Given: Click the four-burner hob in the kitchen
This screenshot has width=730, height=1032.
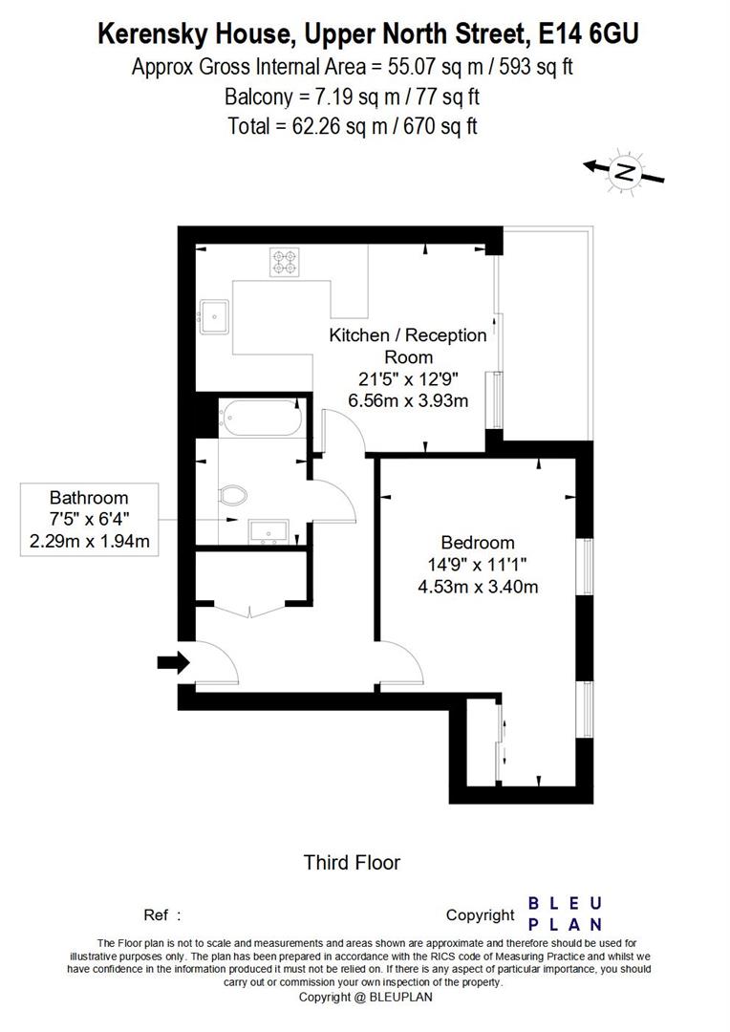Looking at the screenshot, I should coord(284,261).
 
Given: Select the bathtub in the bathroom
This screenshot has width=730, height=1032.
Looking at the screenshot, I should coord(260,417).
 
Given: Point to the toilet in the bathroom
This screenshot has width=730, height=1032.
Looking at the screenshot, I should coord(233,494).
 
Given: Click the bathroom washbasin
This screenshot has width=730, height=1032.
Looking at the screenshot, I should coord(268,530).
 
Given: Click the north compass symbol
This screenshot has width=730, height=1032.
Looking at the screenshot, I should coord(624,172).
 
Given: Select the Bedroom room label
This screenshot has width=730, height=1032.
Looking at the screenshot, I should coord(478,542).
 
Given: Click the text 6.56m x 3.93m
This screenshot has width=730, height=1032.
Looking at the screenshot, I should coord(408,401).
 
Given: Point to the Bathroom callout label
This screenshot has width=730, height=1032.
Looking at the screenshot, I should coord(89,498).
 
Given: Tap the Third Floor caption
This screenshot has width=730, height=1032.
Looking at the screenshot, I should coord(352,863).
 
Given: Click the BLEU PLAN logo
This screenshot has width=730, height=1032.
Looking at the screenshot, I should coord(566,914).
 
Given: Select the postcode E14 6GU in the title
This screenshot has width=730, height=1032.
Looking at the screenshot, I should coord(589,35).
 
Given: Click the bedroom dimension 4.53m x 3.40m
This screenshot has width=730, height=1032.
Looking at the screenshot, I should coord(478,587).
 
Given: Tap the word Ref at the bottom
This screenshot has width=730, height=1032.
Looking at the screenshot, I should coord(156,914).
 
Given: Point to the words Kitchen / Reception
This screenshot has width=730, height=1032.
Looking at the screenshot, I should coord(408,335).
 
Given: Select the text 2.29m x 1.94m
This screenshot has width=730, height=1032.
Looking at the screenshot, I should coord(89,542).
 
